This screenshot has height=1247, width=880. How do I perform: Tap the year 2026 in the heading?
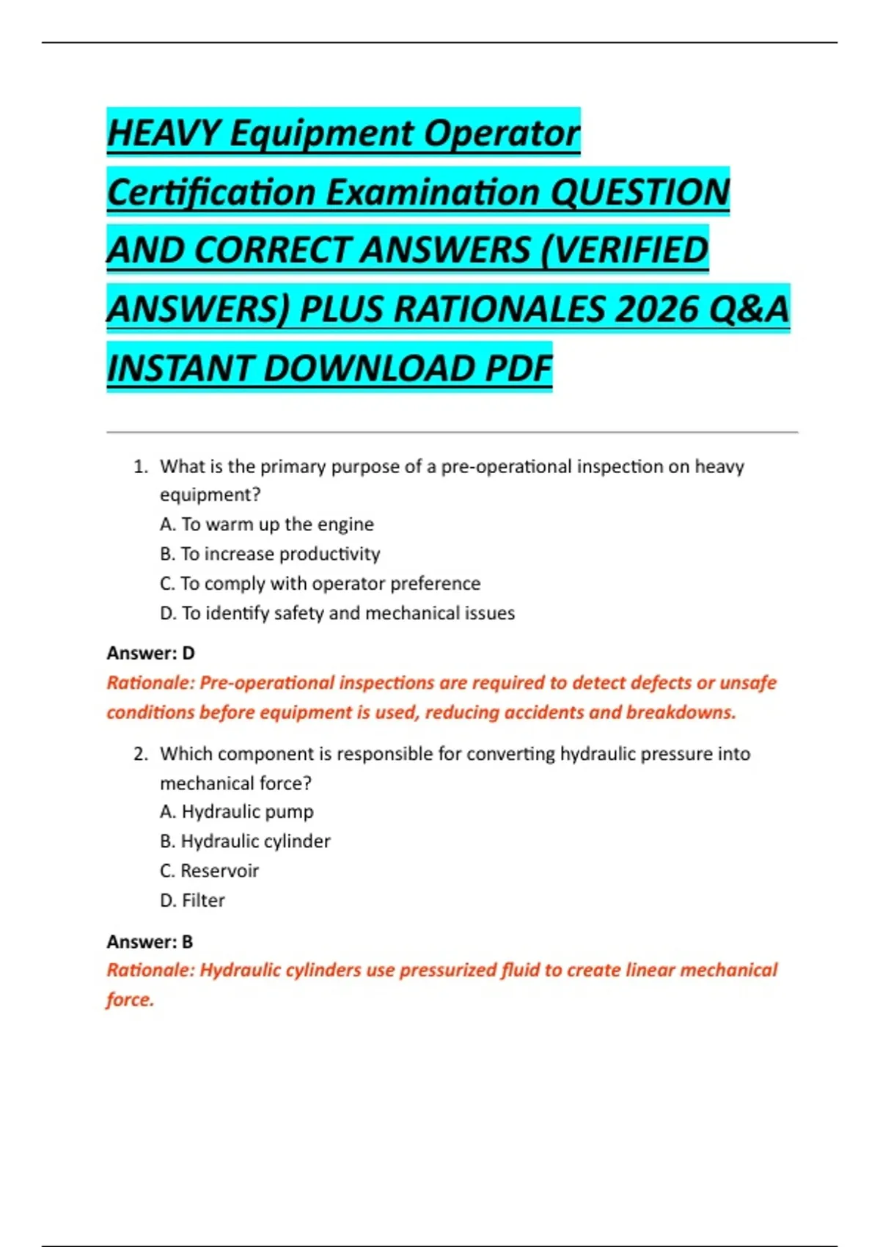click(x=655, y=309)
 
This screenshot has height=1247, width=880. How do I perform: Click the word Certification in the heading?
click(x=212, y=192)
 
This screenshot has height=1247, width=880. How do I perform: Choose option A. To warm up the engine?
click(x=267, y=524)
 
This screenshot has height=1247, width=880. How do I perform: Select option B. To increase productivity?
click(x=270, y=554)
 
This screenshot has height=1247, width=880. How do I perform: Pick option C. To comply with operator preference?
click(x=320, y=584)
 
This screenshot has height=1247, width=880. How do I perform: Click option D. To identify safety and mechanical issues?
click(x=337, y=613)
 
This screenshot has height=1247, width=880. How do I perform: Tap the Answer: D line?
click(x=151, y=653)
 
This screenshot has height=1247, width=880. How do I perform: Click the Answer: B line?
click(x=150, y=941)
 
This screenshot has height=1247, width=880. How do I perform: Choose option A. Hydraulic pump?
click(x=237, y=812)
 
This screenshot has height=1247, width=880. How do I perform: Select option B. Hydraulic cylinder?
click(x=245, y=841)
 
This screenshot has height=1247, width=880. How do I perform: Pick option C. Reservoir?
click(x=210, y=871)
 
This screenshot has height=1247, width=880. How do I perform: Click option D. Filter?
click(x=193, y=900)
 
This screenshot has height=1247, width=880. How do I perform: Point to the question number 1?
click(x=140, y=467)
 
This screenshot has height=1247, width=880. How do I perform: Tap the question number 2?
click(x=140, y=754)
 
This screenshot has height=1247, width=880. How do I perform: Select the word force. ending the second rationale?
click(x=131, y=1000)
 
